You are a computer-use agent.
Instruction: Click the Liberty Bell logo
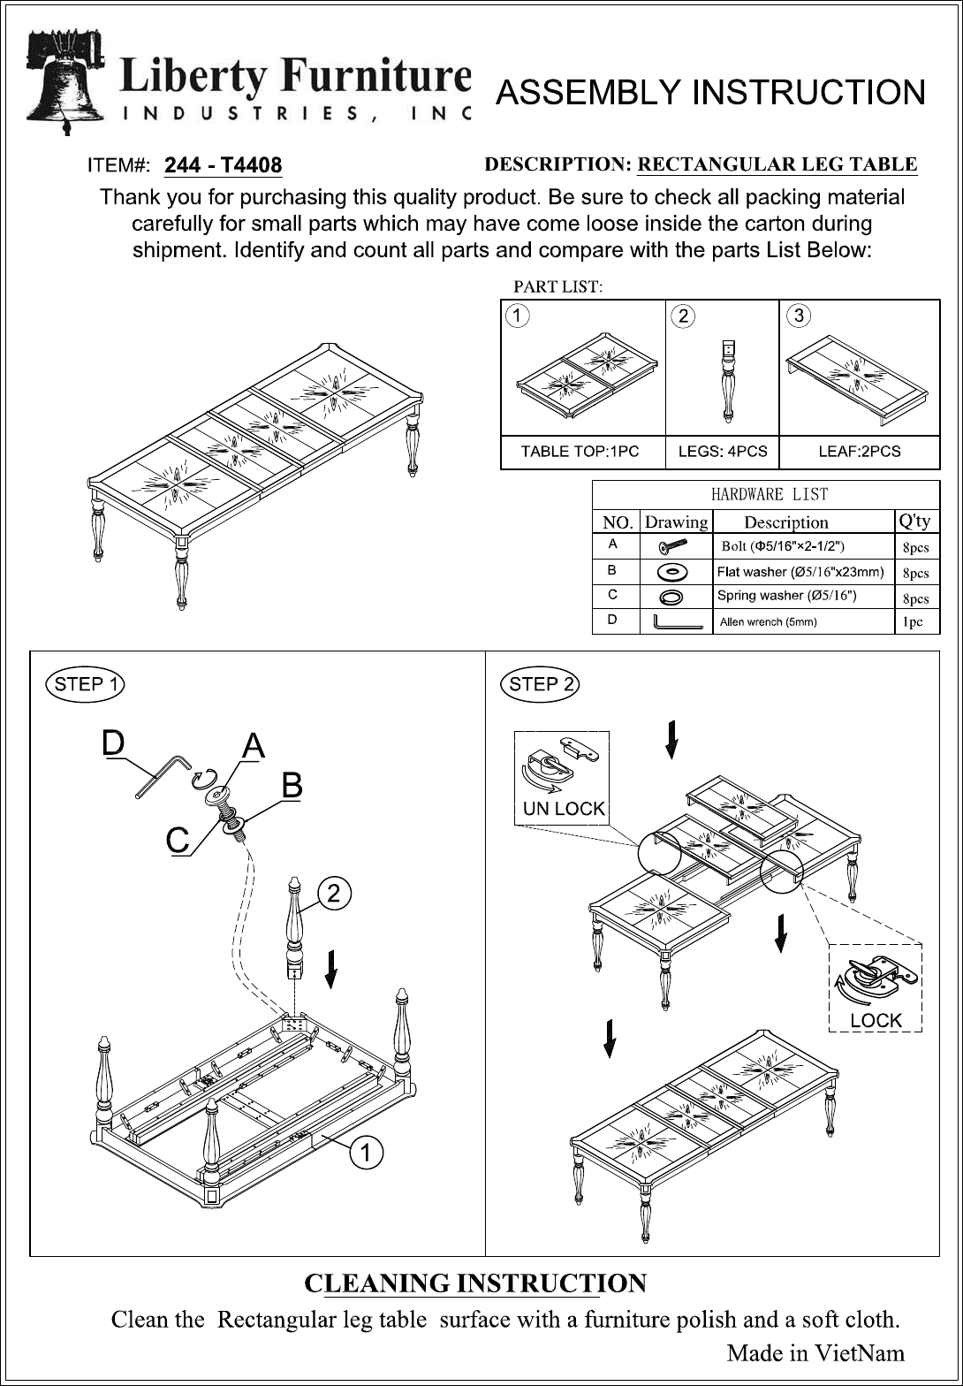pos(64,81)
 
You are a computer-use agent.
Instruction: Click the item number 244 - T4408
pos(223,165)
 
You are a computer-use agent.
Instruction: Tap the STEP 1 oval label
pos(86,684)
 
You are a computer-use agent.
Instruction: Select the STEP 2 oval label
pos(539,684)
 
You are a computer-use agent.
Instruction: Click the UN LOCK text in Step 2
pos(564,809)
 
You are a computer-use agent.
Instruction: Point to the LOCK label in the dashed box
pos(876,1020)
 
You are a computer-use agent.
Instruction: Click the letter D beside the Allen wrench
pos(113,742)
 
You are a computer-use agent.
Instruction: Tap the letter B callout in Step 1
pos(292,785)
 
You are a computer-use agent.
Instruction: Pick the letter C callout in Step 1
pos(178,841)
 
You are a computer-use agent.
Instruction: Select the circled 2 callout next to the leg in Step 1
pos(334,894)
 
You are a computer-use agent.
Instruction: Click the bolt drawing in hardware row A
pos(673,545)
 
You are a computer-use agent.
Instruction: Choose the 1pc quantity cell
pos(913,622)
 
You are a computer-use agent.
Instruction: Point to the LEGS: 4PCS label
pos(723,451)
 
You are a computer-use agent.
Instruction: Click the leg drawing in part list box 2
pos(728,380)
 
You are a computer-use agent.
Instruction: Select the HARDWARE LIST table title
pos(770,494)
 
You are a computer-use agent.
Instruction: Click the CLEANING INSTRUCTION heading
pos(475,1283)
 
